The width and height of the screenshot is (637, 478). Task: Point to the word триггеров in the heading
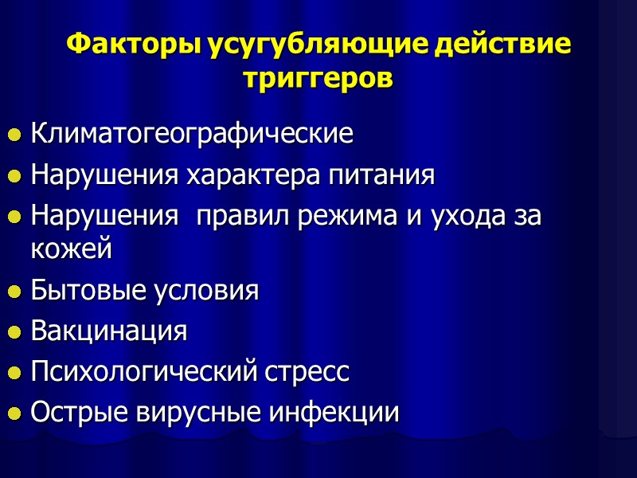(318, 78)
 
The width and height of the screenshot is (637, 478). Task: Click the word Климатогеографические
(191, 134)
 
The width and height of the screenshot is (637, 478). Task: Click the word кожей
(71, 249)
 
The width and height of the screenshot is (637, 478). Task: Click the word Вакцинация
(109, 331)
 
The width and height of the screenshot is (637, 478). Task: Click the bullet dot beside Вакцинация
(14, 333)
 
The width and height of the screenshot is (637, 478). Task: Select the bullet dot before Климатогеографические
(14, 136)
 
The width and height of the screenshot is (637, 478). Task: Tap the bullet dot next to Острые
(14, 415)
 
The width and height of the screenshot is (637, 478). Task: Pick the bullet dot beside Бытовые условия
(14, 292)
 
